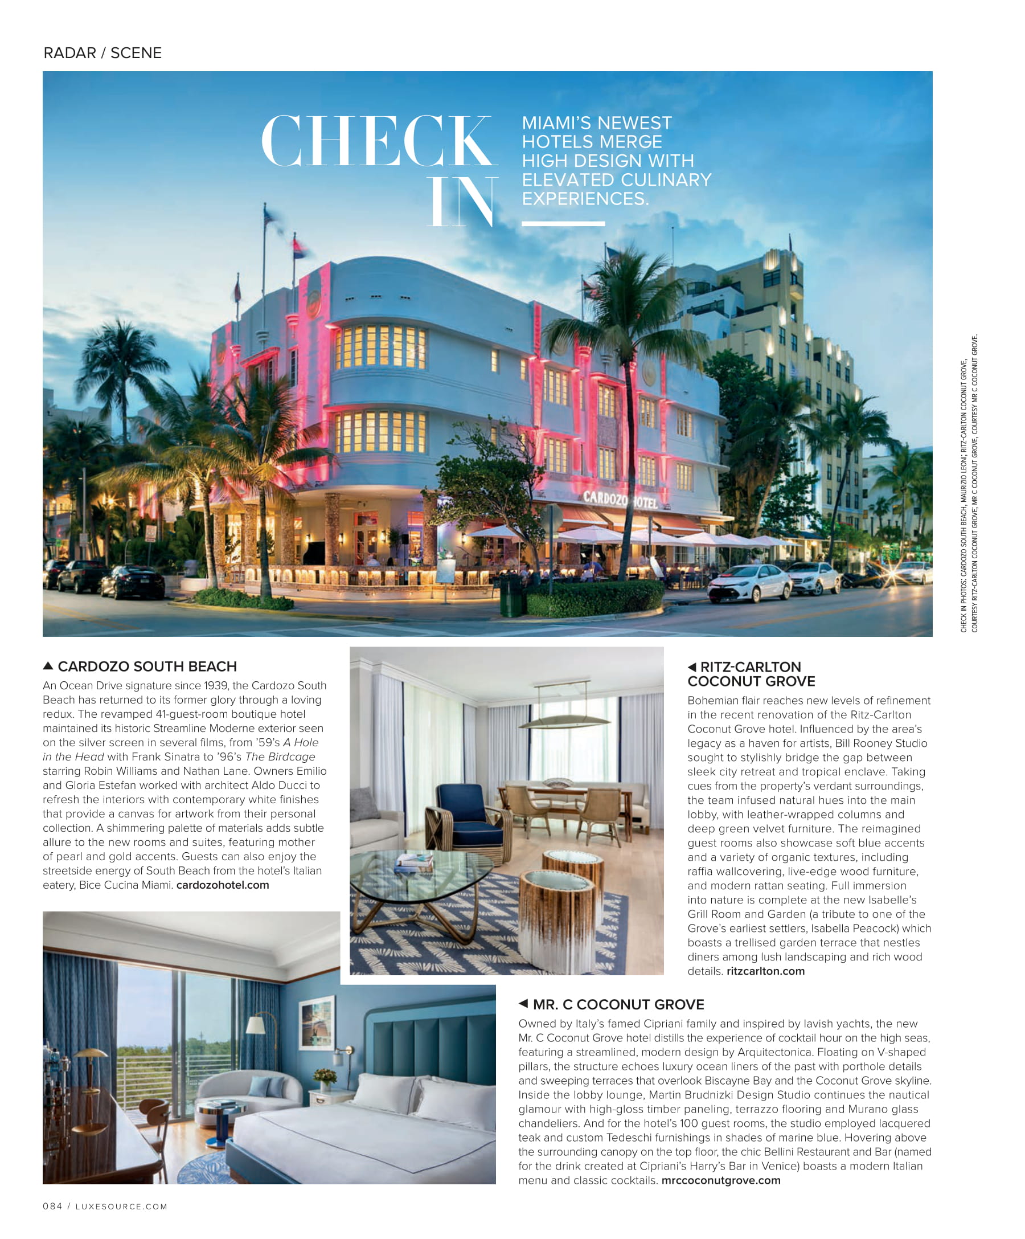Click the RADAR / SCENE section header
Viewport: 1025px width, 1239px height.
[x=102, y=53]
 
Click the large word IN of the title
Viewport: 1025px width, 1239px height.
[x=461, y=202]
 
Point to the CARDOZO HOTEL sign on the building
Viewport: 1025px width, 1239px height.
[x=619, y=500]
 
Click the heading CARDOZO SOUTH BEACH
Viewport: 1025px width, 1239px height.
[x=147, y=666]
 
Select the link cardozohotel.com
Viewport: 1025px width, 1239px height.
[x=222, y=885]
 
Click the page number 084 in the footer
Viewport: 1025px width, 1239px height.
[x=52, y=1207]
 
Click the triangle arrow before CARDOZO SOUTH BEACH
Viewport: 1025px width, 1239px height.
[x=48, y=666]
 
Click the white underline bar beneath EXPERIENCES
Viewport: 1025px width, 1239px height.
[x=563, y=224]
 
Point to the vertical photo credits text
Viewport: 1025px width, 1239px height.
[x=969, y=484]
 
